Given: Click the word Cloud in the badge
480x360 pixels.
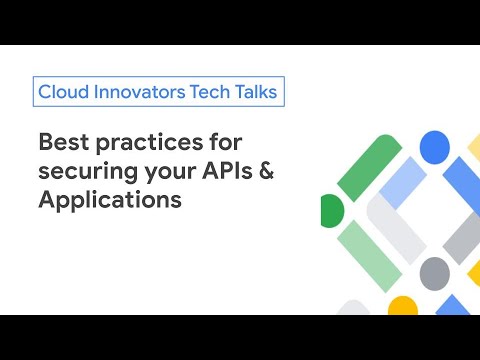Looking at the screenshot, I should coord(61,92).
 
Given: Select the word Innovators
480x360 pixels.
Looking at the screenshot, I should coord(138,92).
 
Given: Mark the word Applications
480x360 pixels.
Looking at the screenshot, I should coord(109,198).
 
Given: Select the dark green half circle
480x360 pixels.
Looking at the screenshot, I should coord(331,211).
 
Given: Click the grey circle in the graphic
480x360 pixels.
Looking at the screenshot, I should coord(434,272).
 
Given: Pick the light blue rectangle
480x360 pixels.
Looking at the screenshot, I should coord(405,183).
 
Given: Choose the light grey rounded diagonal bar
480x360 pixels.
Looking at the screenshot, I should coord(397,222).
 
